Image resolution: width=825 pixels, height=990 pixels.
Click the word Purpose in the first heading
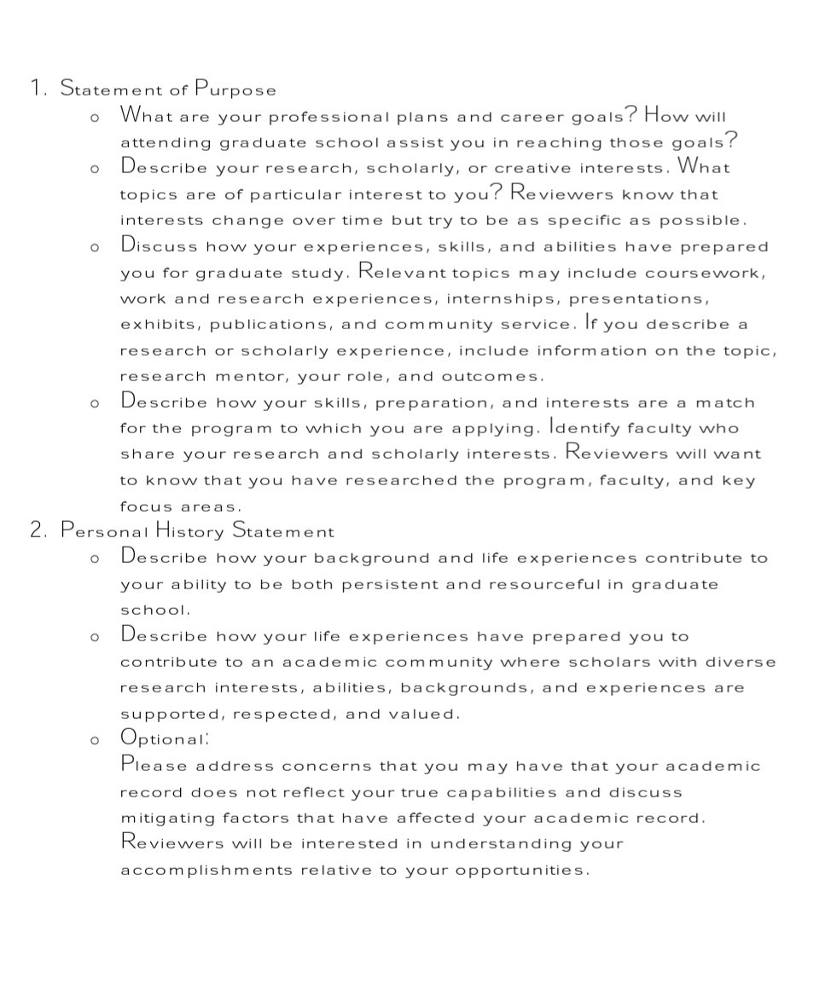[235, 90]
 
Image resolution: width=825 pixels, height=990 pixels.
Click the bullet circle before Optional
[95, 740]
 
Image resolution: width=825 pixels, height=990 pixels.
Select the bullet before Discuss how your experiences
[95, 247]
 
